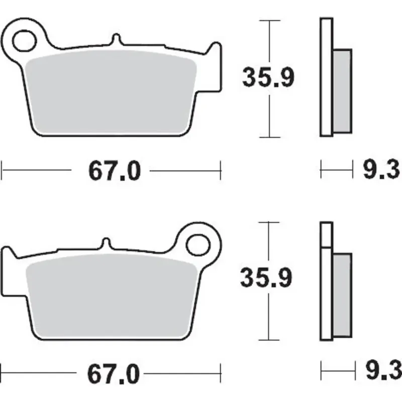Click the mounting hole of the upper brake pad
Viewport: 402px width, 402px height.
(x=24, y=41)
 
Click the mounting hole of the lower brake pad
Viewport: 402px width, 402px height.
(x=198, y=245)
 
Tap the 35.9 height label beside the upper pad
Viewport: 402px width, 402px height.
(x=268, y=77)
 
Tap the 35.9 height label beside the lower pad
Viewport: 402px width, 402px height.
(x=266, y=277)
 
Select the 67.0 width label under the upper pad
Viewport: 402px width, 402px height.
(x=115, y=171)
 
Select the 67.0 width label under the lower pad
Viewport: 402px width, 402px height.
(x=114, y=374)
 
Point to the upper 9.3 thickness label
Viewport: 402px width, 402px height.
(x=381, y=169)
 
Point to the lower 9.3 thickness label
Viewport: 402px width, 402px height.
(x=383, y=370)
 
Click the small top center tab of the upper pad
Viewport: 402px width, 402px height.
(x=117, y=40)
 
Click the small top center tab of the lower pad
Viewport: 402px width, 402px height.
(x=106, y=244)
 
